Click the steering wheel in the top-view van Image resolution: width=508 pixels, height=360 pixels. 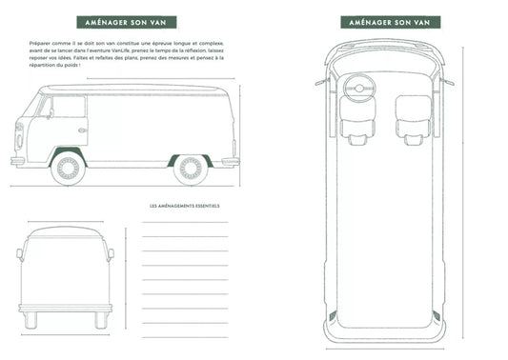(361, 88)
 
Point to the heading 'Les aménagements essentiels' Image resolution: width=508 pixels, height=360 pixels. (184, 205)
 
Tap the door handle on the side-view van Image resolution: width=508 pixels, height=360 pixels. (82, 130)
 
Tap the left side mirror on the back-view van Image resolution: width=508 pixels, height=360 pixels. (18, 252)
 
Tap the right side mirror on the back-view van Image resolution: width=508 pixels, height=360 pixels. (112, 252)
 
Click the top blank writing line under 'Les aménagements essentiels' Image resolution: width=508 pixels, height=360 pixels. (184, 221)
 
